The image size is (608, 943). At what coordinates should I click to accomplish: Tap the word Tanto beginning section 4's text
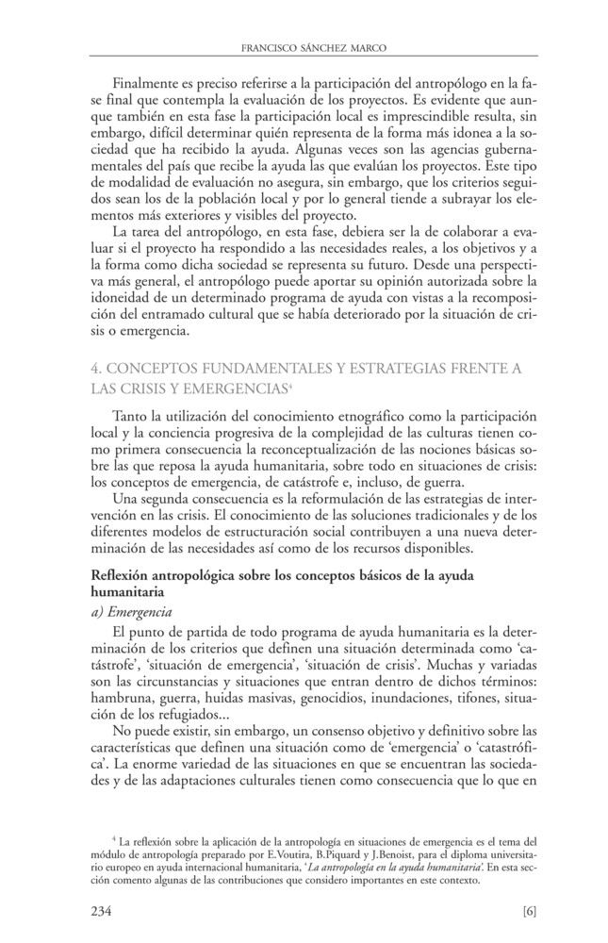point(129,416)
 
